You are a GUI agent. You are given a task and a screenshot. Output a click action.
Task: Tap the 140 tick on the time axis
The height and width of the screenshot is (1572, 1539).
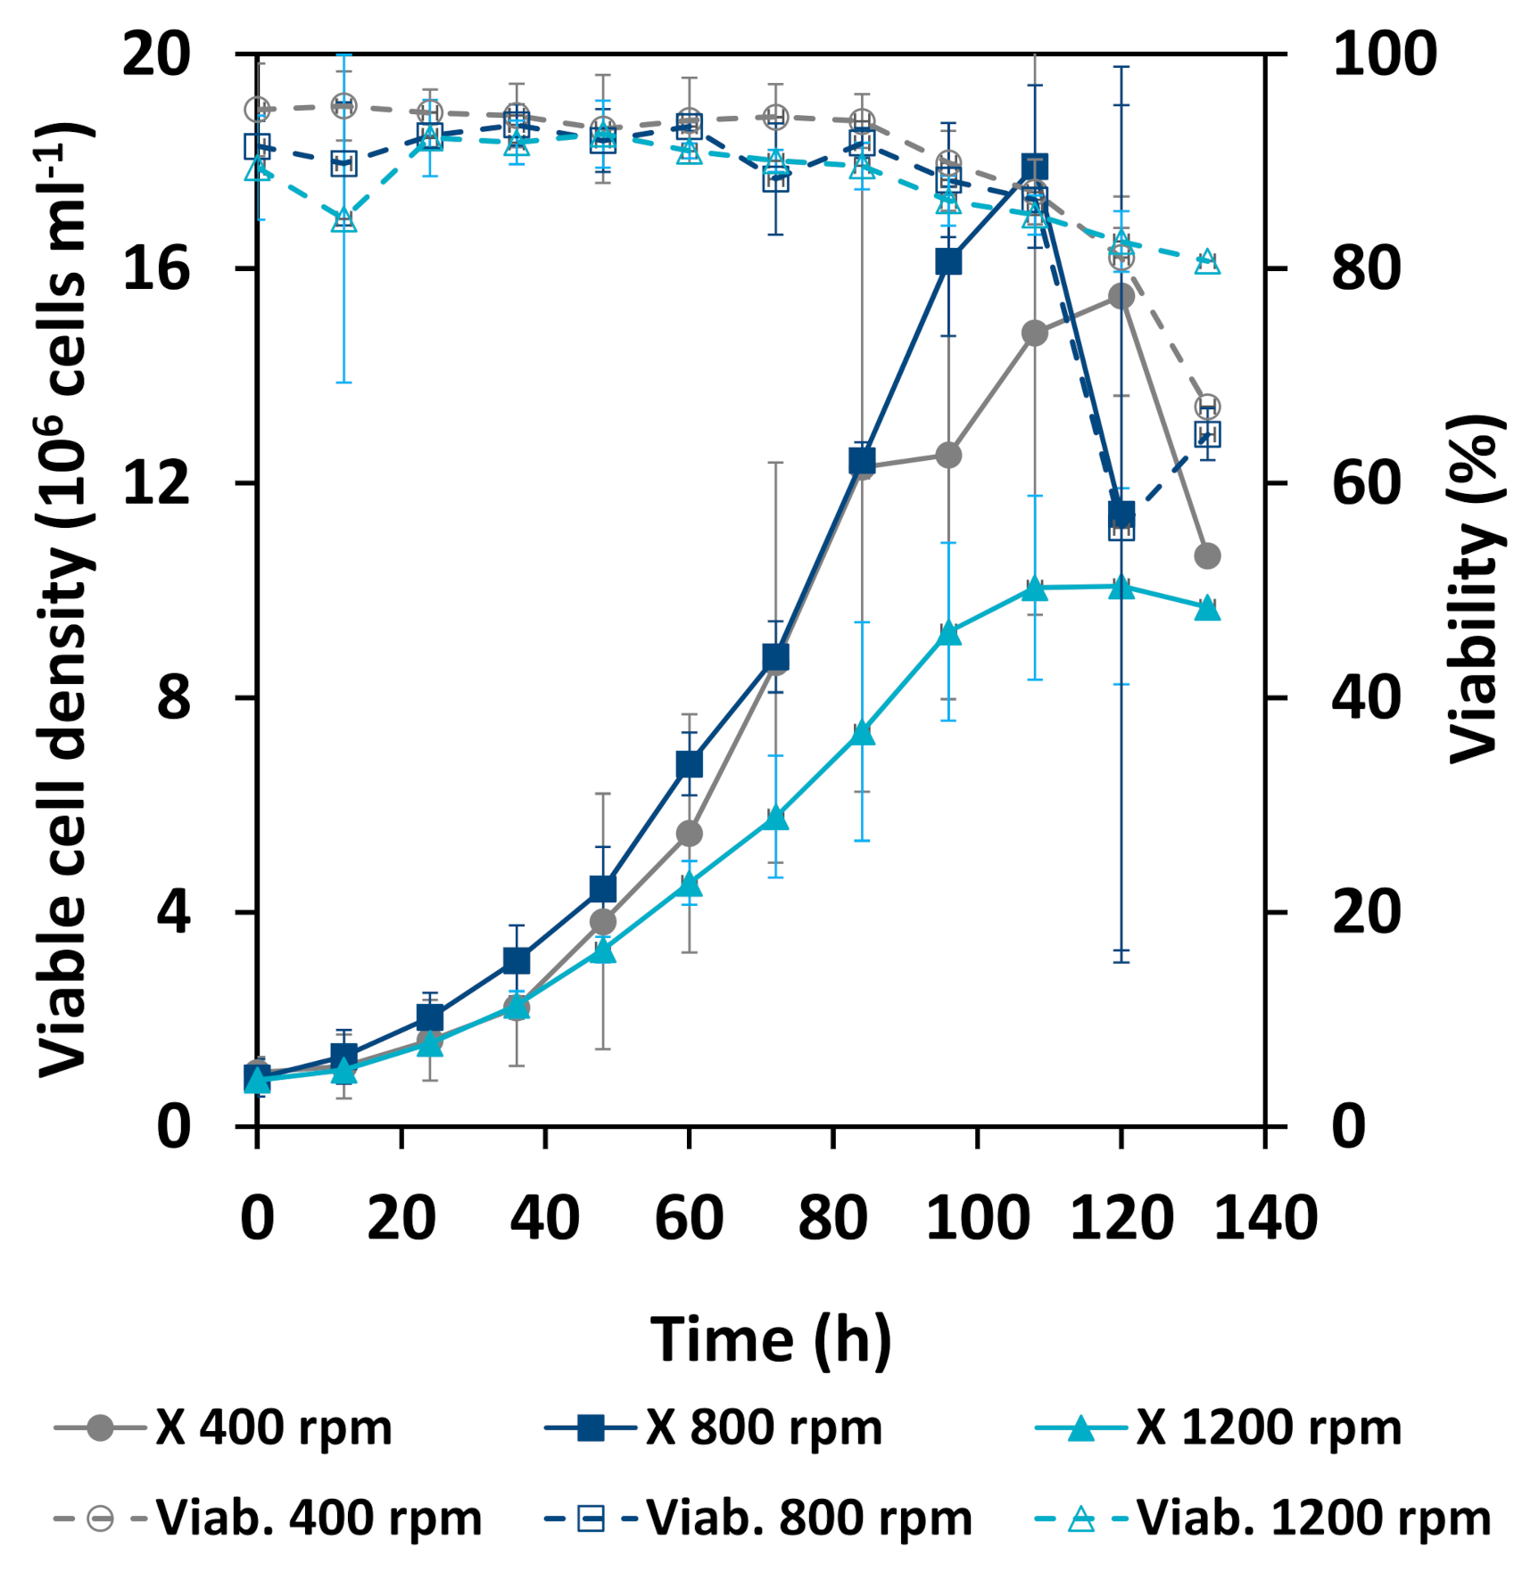tap(1265, 1218)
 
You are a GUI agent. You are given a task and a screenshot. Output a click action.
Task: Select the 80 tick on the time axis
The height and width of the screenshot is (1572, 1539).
tap(832, 1218)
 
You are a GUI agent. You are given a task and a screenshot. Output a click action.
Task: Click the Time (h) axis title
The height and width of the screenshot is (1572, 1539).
tap(770, 1339)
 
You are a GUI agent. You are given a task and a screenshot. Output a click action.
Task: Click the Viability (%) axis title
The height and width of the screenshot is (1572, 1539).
tap(1475, 588)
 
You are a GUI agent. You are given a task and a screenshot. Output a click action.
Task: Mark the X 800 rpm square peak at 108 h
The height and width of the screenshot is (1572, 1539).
tap(1034, 167)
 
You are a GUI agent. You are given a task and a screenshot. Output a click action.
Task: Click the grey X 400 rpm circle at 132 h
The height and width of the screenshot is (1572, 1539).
tap(1207, 556)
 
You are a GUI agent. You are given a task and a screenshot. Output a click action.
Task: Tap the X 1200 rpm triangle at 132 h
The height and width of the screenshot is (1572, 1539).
tap(1207, 609)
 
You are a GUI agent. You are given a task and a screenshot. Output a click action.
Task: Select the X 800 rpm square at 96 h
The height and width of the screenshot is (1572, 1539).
tap(948, 261)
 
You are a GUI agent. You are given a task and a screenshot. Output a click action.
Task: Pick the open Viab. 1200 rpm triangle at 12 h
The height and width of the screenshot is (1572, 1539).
tap(344, 220)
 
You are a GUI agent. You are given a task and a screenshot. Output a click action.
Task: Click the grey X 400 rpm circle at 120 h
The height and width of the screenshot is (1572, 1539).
tap(1121, 296)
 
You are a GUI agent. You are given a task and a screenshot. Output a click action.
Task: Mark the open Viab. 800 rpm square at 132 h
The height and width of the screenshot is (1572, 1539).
tap(1207, 434)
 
